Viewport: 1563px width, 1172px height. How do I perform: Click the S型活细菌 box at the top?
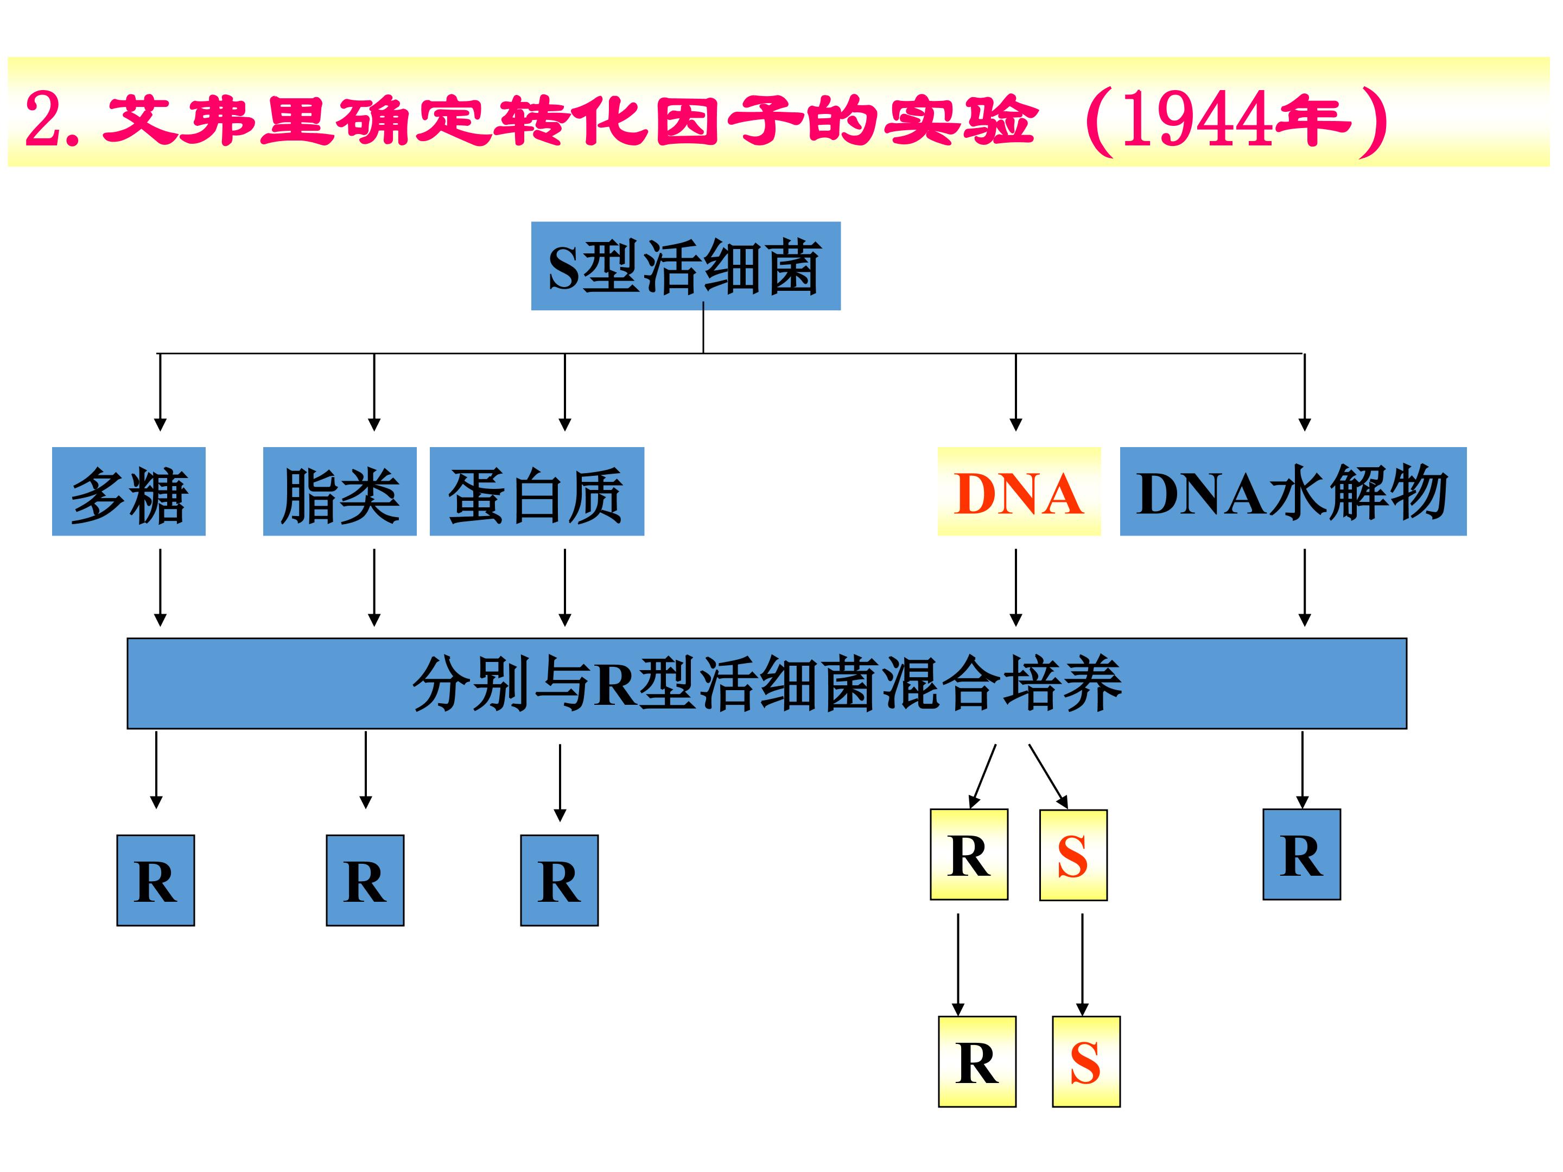click(x=685, y=266)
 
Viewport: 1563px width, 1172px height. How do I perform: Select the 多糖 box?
click(x=129, y=492)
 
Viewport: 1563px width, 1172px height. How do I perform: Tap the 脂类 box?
click(x=339, y=492)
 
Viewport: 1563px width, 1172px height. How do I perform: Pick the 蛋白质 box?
click(x=537, y=492)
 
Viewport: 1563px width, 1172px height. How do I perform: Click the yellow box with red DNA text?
click(x=1019, y=492)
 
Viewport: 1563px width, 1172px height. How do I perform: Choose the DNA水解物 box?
click(x=1293, y=492)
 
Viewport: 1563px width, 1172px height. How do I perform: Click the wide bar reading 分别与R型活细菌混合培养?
click(x=767, y=683)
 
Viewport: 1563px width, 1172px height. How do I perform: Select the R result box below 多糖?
click(x=155, y=880)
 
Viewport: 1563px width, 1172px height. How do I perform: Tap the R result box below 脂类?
click(x=365, y=880)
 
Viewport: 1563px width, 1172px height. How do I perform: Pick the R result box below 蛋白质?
click(x=559, y=880)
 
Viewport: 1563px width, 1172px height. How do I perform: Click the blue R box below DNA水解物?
click(x=1301, y=854)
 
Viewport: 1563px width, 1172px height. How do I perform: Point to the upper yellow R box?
click(x=969, y=854)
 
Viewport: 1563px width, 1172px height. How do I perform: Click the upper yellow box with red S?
click(x=1073, y=855)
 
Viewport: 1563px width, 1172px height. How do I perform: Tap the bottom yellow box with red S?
click(x=1086, y=1061)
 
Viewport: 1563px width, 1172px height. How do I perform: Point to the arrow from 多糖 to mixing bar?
click(x=161, y=588)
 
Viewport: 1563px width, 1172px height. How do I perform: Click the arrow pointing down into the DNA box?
click(x=1016, y=392)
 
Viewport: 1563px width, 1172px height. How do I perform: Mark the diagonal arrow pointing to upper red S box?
click(x=1048, y=776)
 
